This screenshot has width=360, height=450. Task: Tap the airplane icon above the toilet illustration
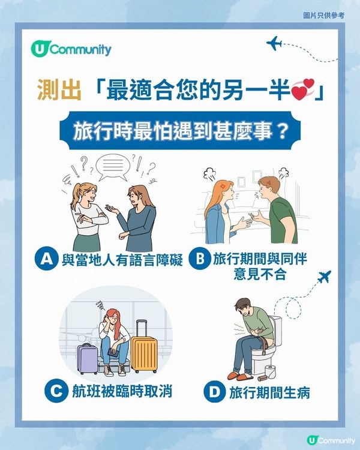325,277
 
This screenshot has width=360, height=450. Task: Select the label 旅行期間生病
269,394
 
